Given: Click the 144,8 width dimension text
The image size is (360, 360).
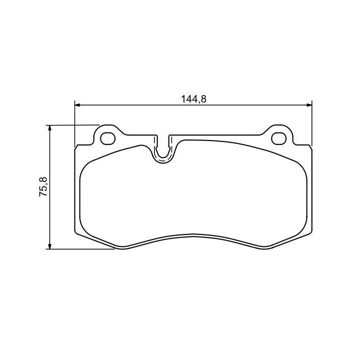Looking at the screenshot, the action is (194, 99).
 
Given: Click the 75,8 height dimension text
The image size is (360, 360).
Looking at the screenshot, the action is (43, 186).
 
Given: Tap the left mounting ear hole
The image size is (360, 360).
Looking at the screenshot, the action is (107, 138).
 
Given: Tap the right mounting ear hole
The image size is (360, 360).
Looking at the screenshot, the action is (278, 138).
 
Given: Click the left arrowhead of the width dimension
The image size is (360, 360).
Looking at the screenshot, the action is (77, 105).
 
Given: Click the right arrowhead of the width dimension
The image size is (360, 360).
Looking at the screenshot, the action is (309, 105).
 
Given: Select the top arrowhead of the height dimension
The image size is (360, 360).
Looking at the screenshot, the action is (49, 128).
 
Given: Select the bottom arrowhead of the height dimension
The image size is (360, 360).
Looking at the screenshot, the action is (49, 246).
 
